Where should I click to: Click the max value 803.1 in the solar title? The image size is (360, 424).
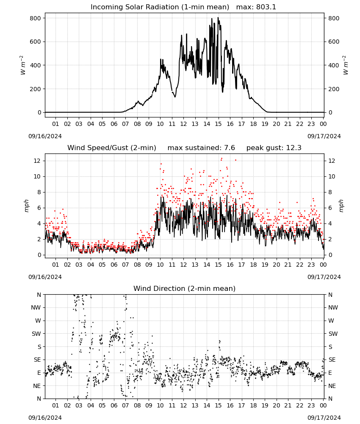[266, 7]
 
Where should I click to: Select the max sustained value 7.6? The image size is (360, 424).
[230, 148]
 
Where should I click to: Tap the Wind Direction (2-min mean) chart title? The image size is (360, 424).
[185, 288]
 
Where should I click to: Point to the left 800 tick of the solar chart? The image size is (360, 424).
[36, 18]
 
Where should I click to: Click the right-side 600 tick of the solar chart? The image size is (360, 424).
[334, 42]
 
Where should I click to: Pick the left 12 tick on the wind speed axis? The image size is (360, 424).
[37, 161]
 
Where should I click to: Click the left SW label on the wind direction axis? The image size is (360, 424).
[36, 334]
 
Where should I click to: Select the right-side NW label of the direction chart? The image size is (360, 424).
[333, 307]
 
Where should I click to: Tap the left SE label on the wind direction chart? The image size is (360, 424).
[37, 360]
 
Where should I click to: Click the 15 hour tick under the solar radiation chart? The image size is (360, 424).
[218, 124]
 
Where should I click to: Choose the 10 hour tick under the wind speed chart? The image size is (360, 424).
[160, 265]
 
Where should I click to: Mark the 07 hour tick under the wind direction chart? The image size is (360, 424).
[125, 405]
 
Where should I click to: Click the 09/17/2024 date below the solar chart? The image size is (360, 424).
[324, 136]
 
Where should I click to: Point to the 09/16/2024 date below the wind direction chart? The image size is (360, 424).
[45, 418]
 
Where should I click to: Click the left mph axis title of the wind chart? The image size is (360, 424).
[26, 206]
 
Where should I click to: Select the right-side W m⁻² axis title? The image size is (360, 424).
[346, 65]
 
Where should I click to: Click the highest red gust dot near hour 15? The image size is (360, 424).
[222, 159]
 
